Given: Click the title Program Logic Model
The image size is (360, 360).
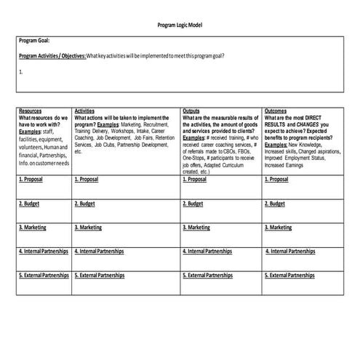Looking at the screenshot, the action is (180, 25).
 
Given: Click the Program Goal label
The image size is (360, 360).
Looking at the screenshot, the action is (34, 41).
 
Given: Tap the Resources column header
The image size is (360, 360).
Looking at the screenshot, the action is (31, 111).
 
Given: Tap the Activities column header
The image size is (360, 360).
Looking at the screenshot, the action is (84, 111).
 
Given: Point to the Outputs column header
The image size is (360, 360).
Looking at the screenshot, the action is (192, 111).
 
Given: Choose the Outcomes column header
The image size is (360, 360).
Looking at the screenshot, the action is (276, 111).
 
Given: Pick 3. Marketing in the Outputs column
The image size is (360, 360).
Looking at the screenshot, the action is (198, 228).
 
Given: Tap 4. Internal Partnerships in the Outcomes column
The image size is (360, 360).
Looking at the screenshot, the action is (292, 251).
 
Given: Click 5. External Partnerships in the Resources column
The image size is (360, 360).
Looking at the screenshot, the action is (44, 276).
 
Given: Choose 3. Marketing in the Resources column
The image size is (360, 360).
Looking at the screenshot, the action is (33, 228).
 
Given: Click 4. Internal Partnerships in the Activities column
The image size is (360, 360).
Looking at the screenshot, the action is (101, 251).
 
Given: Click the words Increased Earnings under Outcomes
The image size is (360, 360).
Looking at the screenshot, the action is (284, 165).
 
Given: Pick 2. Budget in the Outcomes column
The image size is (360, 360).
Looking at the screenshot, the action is (275, 204).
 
